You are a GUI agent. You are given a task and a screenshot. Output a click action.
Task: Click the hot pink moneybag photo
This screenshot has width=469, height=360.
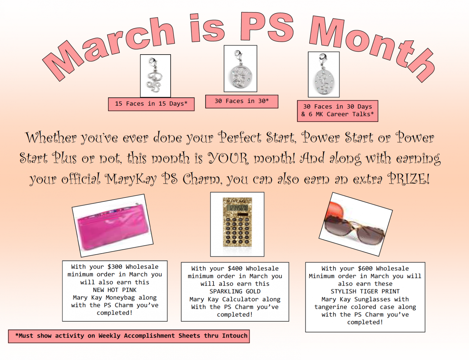tap(113, 226)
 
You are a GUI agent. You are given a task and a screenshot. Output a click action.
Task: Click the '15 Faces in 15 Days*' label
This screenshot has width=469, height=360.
tap(151, 104)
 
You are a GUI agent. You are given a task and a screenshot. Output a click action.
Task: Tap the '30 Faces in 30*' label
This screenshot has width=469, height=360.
tap(242, 101)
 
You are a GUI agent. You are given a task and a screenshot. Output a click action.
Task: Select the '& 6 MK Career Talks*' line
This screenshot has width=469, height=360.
tap(337, 114)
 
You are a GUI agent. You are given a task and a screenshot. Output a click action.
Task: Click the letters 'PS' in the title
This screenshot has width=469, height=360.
tap(267, 27)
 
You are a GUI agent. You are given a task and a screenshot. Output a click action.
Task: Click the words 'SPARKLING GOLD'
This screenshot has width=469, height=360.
tap(235, 291)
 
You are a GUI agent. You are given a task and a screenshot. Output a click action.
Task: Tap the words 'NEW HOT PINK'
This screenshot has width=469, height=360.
tap(115, 290)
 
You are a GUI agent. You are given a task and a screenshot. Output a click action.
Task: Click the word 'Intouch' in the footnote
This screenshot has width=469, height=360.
tap(235, 336)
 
